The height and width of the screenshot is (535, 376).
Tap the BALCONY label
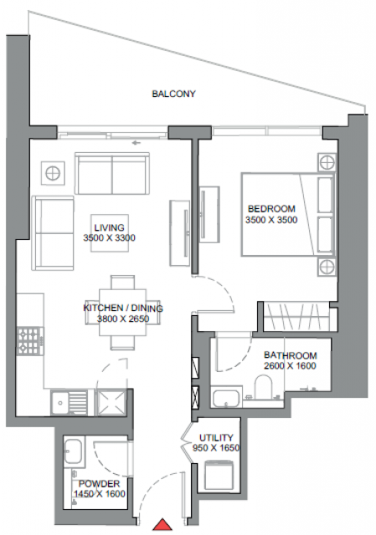pos(173,94)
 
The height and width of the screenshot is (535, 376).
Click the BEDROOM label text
pos(271,208)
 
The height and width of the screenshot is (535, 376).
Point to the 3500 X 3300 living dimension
pos(110,237)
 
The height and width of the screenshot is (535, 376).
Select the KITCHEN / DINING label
pos(123,308)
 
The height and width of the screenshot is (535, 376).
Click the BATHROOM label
pos(291,355)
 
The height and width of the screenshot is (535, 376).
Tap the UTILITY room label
pos(216,437)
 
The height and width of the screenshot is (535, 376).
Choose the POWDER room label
pos(99,483)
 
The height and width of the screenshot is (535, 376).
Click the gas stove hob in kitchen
pos(30,341)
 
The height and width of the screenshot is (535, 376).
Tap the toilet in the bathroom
pos(263,386)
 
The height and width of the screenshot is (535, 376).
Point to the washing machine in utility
pos(219,475)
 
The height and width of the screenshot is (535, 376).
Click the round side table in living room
pos(53,173)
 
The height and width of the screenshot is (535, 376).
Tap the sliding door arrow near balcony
pos(136,143)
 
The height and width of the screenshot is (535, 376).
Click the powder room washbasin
pos(73,451)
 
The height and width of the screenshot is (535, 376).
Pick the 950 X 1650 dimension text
pos(216,448)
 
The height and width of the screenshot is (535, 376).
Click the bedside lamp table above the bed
pos(327,162)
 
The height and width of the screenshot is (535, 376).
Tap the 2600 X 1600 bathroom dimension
pos(291,366)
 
